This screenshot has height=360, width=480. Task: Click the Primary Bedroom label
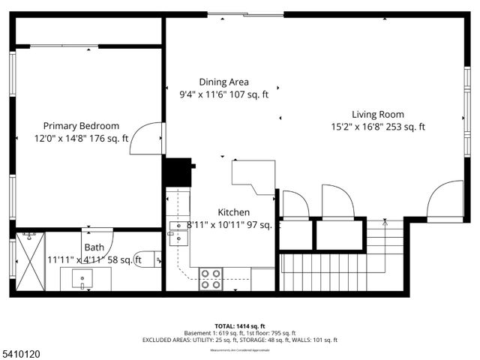[81, 126]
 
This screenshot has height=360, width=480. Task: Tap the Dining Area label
[223, 82]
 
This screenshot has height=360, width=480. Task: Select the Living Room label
[378, 114]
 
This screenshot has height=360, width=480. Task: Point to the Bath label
[94, 247]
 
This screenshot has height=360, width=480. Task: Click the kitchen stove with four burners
[210, 278]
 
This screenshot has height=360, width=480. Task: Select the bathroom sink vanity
[82, 279]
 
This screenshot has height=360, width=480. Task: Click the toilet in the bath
[148, 259]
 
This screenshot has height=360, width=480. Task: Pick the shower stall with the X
[30, 263]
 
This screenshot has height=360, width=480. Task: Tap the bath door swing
[98, 242]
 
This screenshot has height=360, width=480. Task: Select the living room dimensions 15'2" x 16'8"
[358, 127]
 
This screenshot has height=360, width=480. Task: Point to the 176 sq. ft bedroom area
[109, 138]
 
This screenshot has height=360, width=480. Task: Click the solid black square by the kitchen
[177, 172]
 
